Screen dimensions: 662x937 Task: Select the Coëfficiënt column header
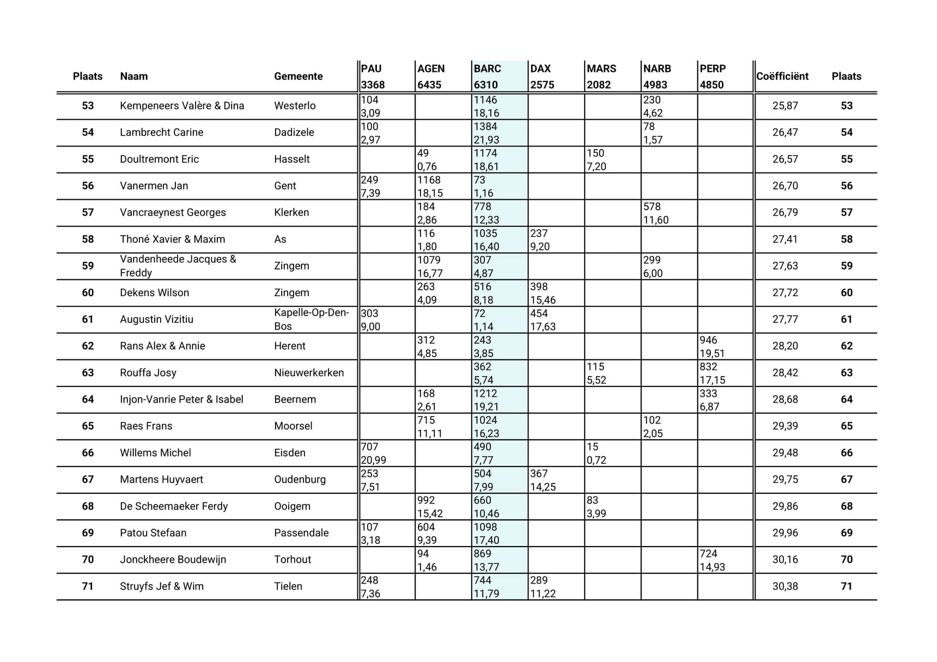(x=782, y=76)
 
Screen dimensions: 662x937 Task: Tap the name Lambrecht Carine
(x=161, y=132)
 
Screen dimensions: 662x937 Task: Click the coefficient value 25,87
(x=784, y=106)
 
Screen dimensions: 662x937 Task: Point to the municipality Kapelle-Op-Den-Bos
(x=311, y=319)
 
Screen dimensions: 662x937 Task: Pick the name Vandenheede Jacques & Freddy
(x=178, y=266)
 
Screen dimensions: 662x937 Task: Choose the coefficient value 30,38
(x=784, y=586)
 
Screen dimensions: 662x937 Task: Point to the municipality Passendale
(x=301, y=533)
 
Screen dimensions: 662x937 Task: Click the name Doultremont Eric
(x=159, y=159)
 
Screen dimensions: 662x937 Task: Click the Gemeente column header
(x=298, y=76)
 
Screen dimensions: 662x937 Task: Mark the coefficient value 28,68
(x=784, y=400)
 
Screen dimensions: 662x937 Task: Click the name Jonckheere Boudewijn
(x=173, y=560)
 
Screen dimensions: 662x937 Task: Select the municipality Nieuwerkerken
(x=309, y=373)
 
